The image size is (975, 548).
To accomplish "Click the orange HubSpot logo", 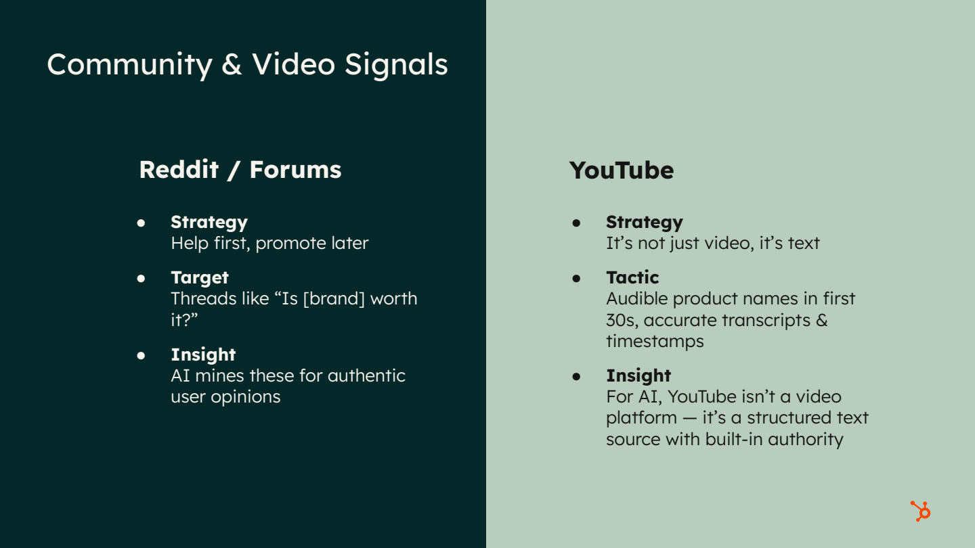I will [x=920, y=511].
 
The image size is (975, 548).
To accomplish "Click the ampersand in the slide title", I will [x=232, y=65].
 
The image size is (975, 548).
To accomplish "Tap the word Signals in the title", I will [x=396, y=65].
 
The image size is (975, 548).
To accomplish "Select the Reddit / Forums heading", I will [x=240, y=169].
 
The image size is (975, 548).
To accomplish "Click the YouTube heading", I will [x=621, y=170].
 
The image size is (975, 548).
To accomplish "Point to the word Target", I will [x=200, y=277].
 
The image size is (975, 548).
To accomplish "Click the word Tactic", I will [x=632, y=277].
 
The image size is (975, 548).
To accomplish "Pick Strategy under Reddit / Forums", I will [x=209, y=222].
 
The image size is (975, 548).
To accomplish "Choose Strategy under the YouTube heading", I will [x=644, y=222].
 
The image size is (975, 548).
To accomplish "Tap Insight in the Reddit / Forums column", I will [x=203, y=355].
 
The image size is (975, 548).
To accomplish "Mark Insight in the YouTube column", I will [x=638, y=375].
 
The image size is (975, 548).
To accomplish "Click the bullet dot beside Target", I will [x=142, y=278].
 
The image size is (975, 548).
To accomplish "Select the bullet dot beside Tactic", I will [x=577, y=278].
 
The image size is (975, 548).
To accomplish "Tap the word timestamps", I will [x=655, y=341].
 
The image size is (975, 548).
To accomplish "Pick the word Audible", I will [x=634, y=298].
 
